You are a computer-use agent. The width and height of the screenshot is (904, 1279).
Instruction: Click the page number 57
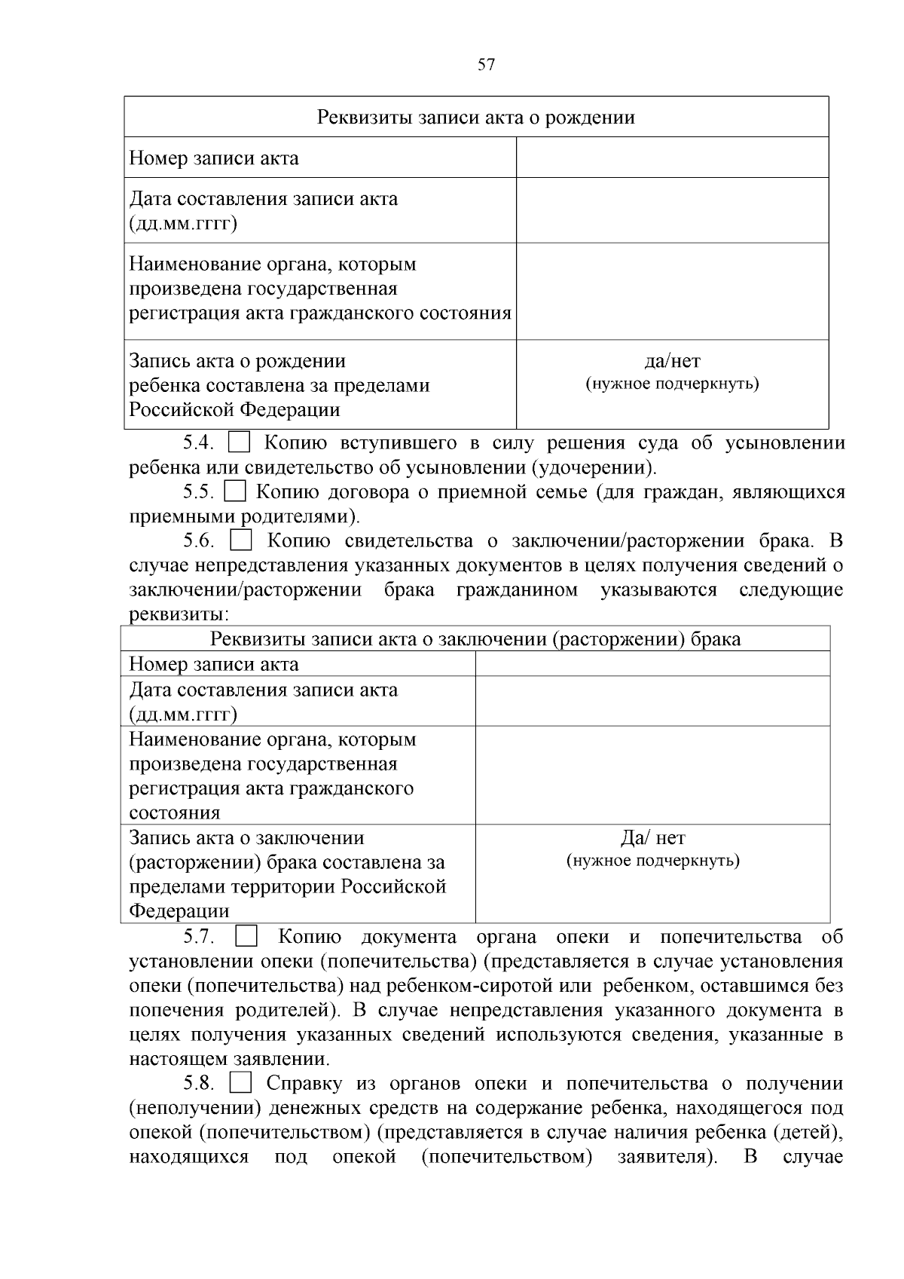tap(487, 65)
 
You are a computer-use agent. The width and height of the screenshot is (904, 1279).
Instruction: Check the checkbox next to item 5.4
tap(240, 442)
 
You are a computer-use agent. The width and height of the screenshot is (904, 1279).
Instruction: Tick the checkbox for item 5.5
tap(236, 492)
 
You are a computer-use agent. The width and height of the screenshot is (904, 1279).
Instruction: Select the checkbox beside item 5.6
tap(240, 541)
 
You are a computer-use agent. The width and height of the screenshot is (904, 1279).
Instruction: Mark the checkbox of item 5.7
tap(246, 938)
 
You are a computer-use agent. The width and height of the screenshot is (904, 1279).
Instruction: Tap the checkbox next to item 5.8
tap(240, 1084)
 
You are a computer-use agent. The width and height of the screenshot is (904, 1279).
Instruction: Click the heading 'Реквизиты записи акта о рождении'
tap(475, 118)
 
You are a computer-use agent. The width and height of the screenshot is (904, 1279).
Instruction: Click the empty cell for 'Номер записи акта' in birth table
tap(672, 158)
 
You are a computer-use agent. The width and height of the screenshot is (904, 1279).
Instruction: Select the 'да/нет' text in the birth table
tap(672, 362)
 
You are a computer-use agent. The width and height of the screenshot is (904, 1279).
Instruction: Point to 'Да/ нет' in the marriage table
tap(652, 838)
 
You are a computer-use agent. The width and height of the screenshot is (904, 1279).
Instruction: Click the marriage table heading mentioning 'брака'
tap(475, 639)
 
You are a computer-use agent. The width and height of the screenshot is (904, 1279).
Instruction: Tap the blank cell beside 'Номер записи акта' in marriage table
tap(652, 664)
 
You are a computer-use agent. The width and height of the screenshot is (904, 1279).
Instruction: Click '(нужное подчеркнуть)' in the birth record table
tap(672, 384)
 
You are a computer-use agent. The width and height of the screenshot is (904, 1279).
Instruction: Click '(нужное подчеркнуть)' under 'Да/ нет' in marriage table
tap(652, 861)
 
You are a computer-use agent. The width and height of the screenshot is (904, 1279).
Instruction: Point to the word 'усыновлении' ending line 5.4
tap(784, 443)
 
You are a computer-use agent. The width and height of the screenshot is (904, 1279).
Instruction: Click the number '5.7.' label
tap(200, 938)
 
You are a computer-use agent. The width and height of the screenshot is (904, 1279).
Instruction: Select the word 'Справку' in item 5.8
tap(304, 1084)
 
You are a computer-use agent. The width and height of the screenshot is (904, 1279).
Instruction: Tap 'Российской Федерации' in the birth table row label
tap(234, 410)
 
